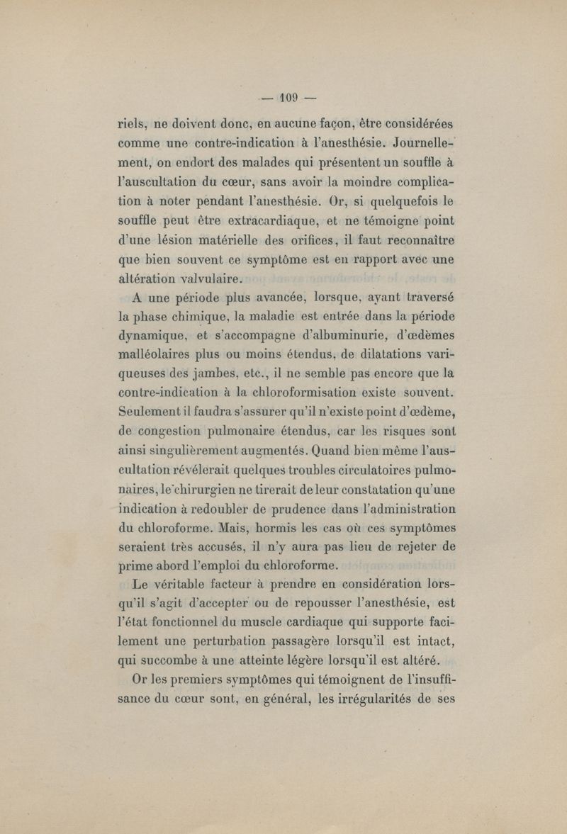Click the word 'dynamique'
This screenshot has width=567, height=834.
point(149,334)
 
